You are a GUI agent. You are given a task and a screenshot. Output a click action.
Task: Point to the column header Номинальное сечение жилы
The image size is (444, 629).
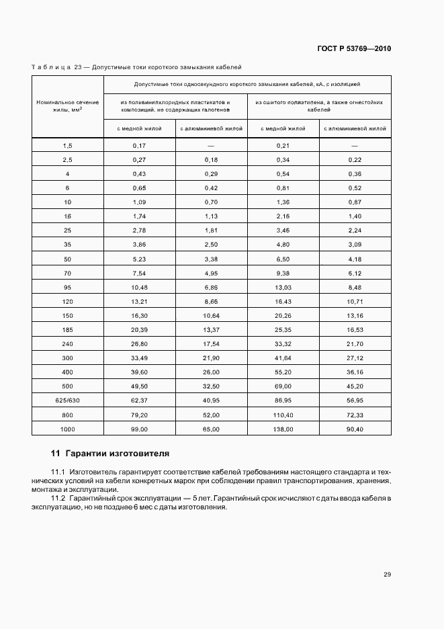click(68, 106)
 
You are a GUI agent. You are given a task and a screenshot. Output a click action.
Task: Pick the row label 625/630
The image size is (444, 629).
click(67, 399)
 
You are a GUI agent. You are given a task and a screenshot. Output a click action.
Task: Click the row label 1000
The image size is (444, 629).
click(67, 428)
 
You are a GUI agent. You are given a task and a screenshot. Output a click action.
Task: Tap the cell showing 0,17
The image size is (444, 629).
click(139, 146)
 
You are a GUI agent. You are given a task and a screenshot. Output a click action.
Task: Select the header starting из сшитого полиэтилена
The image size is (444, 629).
click(319, 106)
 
